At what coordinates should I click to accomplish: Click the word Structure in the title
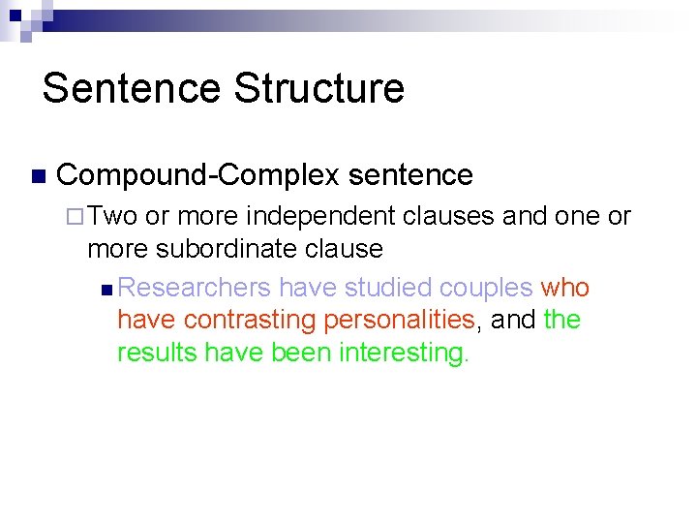pyautogui.click(x=318, y=88)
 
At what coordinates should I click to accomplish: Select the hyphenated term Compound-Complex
pyautogui.click(x=198, y=175)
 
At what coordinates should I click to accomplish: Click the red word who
pyautogui.click(x=565, y=289)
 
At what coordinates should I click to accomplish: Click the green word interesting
pyautogui.click(x=404, y=353)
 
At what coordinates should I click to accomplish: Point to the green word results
pyautogui.click(x=157, y=353)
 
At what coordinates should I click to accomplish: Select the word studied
pyautogui.click(x=386, y=289)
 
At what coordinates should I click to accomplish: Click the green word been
pyautogui.click(x=301, y=353)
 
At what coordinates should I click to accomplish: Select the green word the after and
pyautogui.click(x=562, y=321)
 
